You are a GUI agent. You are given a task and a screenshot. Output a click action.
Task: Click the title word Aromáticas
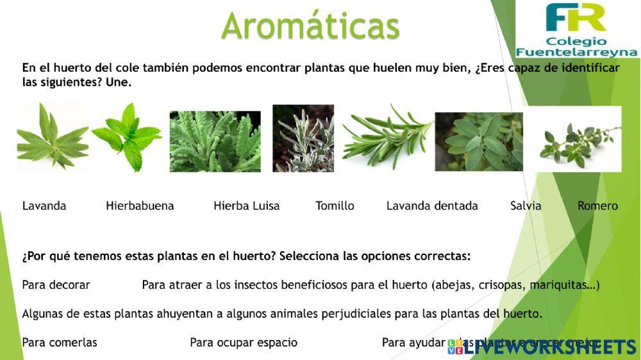click(310, 26)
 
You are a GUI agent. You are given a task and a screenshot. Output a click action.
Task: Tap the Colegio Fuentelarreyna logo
click(577, 30)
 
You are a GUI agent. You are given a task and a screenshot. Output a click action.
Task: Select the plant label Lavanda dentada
click(432, 206)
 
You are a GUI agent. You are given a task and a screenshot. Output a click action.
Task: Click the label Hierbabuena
click(140, 206)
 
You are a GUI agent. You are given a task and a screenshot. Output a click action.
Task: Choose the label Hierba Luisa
click(247, 206)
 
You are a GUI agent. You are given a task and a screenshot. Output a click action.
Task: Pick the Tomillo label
click(335, 206)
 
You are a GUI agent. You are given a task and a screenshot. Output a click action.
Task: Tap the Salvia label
click(526, 206)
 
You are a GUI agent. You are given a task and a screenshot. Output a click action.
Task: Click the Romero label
click(597, 206)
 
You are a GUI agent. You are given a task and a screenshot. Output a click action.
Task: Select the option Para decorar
click(56, 284)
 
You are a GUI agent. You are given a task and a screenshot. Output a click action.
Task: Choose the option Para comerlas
click(60, 342)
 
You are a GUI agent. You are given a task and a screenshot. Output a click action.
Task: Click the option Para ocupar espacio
click(244, 342)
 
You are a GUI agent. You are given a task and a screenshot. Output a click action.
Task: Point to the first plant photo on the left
click(51, 136)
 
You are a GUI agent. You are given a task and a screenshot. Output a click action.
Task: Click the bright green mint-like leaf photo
click(127, 136)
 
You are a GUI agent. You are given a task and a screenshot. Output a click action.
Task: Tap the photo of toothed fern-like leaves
click(215, 142)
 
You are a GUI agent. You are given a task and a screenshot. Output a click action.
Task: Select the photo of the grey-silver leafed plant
click(303, 138)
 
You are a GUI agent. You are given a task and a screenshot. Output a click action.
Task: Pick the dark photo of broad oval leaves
click(479, 142)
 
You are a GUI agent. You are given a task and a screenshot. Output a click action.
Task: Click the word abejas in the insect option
click(453, 284)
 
